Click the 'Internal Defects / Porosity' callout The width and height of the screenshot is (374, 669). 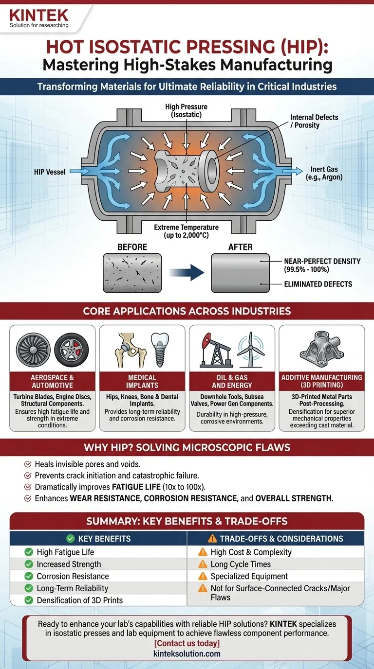314,122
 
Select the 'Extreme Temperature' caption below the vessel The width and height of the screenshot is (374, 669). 187,231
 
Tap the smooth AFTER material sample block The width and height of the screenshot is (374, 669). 240,273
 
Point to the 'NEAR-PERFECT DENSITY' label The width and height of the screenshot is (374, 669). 322,265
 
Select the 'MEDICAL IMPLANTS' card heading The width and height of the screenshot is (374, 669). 142,382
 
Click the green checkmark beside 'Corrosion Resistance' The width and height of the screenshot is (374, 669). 29,576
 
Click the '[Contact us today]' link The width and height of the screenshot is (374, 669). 187,643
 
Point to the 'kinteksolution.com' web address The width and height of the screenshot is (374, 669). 187,653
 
